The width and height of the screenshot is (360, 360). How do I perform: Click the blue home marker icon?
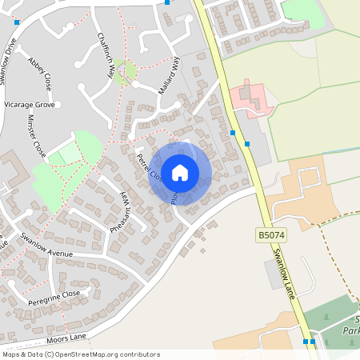click(x=180, y=172)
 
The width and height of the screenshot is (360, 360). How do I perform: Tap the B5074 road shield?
click(x=270, y=236)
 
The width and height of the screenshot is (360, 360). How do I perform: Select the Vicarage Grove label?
click(x=29, y=105)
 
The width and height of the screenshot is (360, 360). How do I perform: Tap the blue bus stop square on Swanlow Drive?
click(x=17, y=22)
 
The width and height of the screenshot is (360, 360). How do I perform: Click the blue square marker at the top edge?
click(x=166, y=2)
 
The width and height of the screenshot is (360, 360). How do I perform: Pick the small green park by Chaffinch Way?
click(x=123, y=71)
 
